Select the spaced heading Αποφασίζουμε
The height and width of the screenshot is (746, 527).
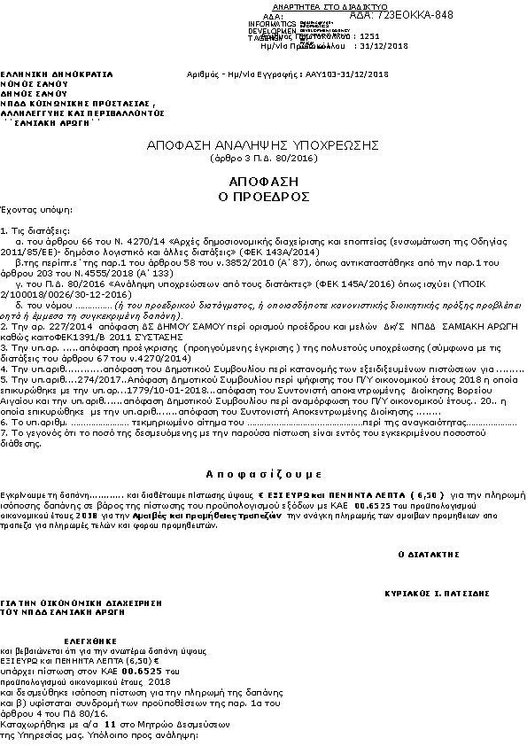pyautogui.click(x=262, y=471)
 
